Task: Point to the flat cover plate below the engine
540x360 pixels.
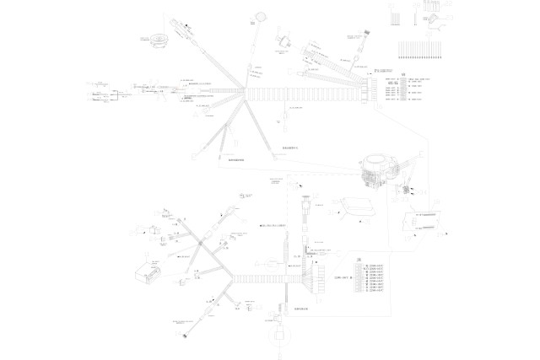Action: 352,207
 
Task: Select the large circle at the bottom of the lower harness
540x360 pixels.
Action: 276,336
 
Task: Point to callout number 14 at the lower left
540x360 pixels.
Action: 148,253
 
